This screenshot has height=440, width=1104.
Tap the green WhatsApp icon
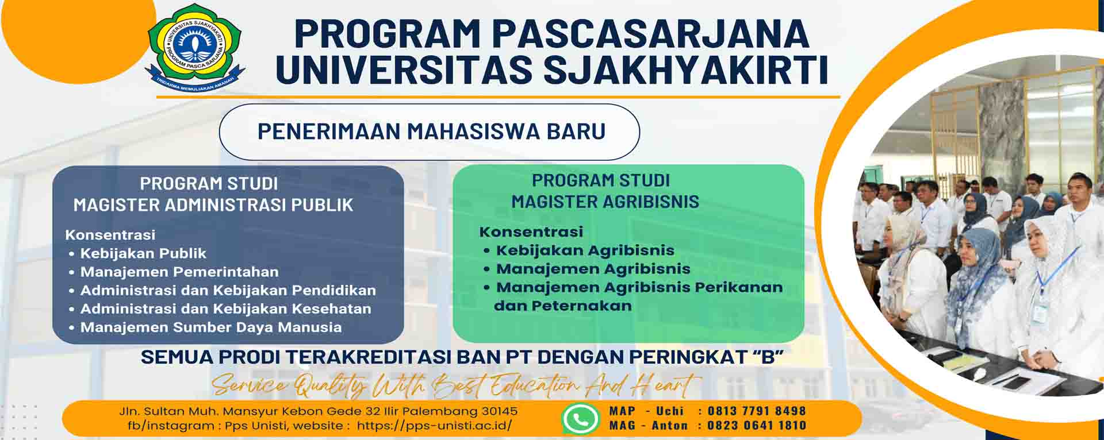click(580, 418)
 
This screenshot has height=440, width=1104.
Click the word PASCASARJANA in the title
click(650, 33)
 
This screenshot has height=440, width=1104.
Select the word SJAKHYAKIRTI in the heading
click(685, 69)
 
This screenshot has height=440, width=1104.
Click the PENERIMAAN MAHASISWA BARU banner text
click(431, 131)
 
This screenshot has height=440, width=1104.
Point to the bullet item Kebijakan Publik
click(143, 253)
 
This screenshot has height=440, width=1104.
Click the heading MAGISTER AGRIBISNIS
click(605, 202)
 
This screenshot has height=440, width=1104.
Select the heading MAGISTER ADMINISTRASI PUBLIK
click(213, 204)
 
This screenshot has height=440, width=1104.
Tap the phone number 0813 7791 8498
click(757, 411)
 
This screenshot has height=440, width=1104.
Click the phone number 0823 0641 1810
click(757, 426)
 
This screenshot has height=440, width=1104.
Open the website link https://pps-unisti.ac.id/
click(434, 426)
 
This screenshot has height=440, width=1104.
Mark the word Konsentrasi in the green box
click(531, 231)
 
